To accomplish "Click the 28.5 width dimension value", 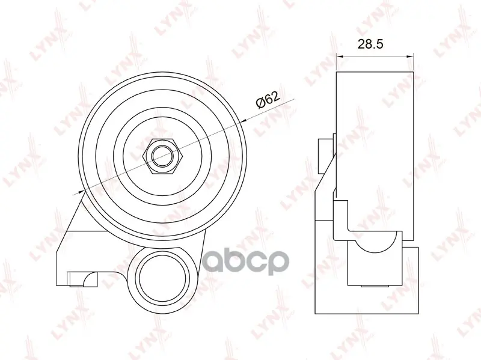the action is [x=370, y=44].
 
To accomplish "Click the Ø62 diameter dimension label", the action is [x=268, y=100].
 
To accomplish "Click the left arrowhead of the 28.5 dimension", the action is [x=340, y=56].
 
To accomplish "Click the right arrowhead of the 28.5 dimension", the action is [x=410, y=56].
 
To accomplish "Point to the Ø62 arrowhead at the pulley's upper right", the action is [x=245, y=121].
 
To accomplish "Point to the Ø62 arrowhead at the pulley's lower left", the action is [x=81, y=192].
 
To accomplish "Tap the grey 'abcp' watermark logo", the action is [x=246, y=263].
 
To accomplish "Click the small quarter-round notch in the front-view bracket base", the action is [x=91, y=278].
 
